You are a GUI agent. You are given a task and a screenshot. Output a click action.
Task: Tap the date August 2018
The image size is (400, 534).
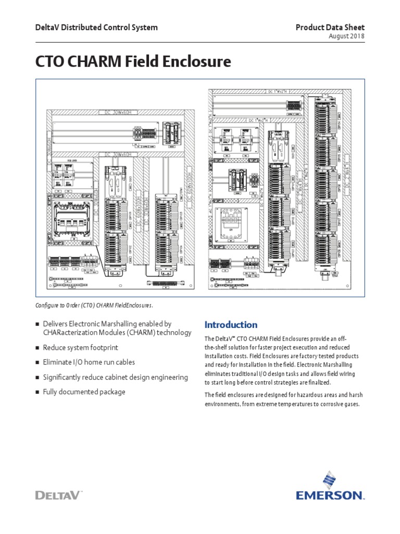(x=347, y=37)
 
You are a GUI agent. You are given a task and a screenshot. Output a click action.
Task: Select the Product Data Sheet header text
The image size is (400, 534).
(x=330, y=27)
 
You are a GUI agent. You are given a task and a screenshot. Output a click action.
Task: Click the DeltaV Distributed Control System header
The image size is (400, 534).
(x=96, y=27)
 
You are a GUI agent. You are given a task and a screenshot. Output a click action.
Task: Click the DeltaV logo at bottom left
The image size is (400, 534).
(x=58, y=494)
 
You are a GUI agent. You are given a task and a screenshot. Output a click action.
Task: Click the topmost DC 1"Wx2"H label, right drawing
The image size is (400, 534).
(x=281, y=92)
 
